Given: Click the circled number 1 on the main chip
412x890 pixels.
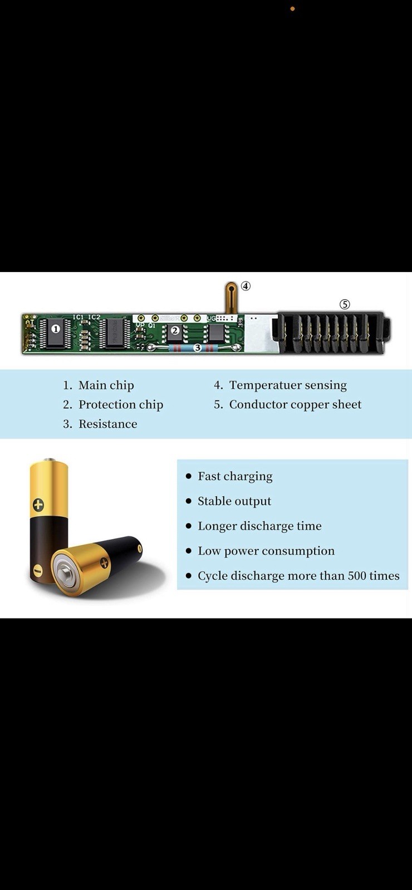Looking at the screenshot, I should [x=56, y=329].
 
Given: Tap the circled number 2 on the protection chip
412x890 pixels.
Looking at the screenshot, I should [x=175, y=330].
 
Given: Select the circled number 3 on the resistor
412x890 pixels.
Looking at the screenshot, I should [x=197, y=348].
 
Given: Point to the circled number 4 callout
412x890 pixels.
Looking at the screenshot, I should [x=246, y=286].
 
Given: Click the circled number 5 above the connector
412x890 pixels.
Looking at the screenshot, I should [x=345, y=304].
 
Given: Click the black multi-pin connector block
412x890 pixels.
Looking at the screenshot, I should [x=332, y=333].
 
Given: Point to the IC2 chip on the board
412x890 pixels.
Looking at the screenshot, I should [x=117, y=332].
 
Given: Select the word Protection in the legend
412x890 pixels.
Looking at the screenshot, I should [x=107, y=404].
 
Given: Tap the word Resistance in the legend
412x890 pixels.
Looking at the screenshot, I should [x=107, y=424].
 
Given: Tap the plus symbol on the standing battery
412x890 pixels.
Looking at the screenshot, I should [x=38, y=505].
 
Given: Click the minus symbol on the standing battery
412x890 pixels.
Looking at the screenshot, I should [x=37, y=571].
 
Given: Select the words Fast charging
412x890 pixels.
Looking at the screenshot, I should [x=235, y=476].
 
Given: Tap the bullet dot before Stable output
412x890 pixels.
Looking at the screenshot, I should [x=188, y=501].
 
